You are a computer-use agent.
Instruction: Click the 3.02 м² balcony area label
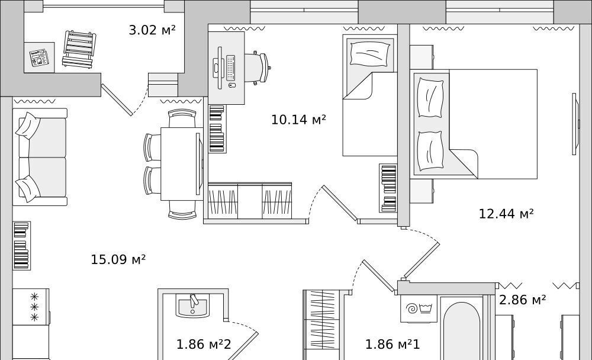click(152, 30)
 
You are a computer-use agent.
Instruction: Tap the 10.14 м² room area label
click(298, 120)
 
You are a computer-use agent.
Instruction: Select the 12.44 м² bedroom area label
click(506, 214)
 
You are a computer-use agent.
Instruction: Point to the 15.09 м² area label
click(118, 259)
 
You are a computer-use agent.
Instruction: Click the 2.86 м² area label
click(523, 300)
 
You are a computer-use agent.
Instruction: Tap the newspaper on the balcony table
click(39, 58)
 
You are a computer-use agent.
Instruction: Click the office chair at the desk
click(258, 67)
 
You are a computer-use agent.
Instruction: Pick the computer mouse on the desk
click(231, 85)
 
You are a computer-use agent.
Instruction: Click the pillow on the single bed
click(370, 53)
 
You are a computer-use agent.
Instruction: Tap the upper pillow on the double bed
click(431, 97)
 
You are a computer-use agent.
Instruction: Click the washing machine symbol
click(419, 308)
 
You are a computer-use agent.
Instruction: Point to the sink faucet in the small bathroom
click(194, 301)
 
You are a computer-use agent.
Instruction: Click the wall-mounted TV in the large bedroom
click(575, 124)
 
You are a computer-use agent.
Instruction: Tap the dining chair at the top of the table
click(182, 118)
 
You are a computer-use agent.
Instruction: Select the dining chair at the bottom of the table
click(182, 210)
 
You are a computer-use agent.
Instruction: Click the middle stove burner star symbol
click(34, 306)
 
